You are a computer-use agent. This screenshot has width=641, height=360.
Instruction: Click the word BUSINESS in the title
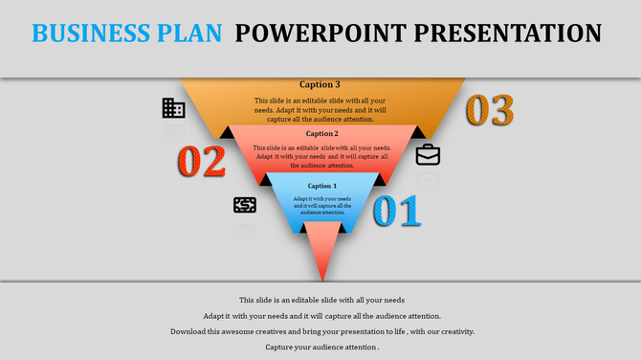click(89, 33)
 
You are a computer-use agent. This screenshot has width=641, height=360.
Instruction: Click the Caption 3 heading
click(320, 84)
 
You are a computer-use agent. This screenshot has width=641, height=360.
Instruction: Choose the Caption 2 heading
click(321, 134)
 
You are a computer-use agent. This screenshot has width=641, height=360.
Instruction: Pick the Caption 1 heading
click(321, 186)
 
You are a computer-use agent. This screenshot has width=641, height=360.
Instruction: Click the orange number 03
click(489, 110)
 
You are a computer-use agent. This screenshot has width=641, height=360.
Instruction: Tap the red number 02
click(201, 160)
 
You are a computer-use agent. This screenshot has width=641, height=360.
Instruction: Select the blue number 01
click(396, 211)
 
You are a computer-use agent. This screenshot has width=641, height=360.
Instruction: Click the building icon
click(173, 108)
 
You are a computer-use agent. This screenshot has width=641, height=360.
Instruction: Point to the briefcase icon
click(428, 154)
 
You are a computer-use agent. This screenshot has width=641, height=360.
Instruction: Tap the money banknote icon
click(245, 205)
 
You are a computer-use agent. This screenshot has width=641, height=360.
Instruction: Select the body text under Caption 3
click(321, 108)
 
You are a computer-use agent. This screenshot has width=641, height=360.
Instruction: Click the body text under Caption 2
click(321, 156)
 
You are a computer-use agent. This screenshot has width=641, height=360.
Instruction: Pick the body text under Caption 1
click(321, 205)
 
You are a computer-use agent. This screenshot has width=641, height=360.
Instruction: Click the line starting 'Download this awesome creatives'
click(321, 331)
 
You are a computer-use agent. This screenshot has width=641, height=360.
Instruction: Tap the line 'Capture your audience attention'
click(321, 347)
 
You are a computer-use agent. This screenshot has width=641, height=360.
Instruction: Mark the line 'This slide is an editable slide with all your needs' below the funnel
click(321, 300)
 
